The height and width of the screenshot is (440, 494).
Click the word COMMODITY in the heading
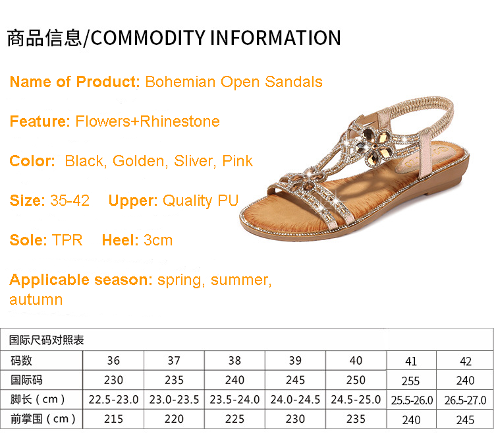148,38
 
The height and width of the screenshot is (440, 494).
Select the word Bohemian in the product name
180,82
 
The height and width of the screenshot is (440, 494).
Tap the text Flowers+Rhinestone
148,121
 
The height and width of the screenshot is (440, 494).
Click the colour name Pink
237,161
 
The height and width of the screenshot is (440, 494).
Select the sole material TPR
67,240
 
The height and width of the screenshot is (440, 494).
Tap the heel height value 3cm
158,240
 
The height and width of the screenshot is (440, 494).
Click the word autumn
36,299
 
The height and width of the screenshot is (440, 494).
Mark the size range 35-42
70,201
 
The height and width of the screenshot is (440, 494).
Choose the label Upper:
133,201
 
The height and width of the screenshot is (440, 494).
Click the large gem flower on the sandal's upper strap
375,146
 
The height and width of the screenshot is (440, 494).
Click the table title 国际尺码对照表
47,340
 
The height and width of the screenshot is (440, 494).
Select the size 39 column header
295,360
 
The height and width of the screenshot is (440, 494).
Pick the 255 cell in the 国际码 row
410,381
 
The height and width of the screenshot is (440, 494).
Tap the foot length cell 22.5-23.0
113,400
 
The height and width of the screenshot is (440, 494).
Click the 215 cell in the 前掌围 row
113,419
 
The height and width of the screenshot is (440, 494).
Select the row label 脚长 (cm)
38,399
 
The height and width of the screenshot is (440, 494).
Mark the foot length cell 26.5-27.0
465,400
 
